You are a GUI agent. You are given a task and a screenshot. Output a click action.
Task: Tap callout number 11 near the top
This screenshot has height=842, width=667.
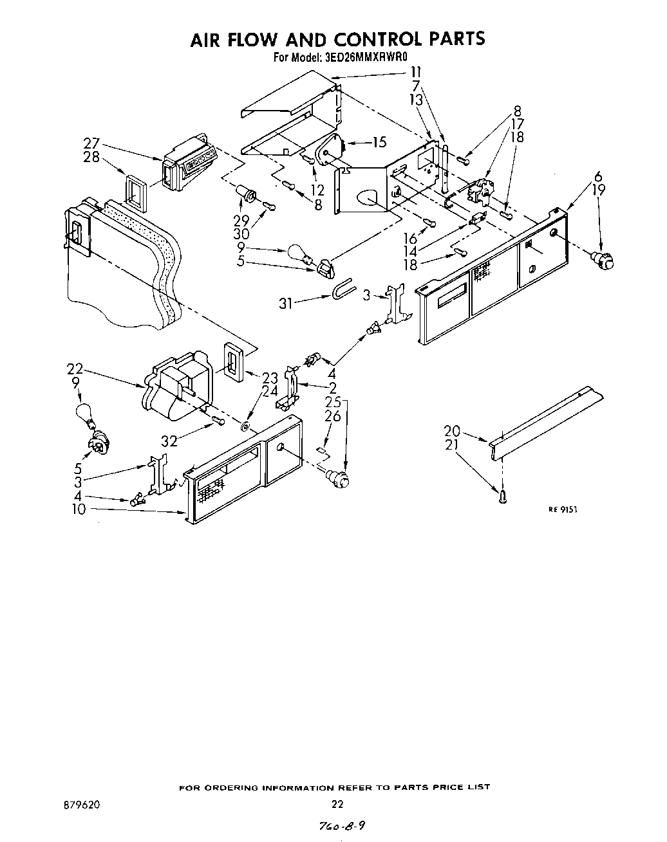coord(416,72)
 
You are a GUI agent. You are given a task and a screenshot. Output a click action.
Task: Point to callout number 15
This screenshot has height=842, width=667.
coord(379,143)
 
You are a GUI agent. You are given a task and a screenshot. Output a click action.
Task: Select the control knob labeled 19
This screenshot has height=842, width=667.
coord(604,260)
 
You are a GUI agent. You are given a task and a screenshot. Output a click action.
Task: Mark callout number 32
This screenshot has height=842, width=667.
coord(169,441)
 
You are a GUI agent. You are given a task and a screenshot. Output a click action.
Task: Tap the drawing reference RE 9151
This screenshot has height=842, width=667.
coord(563,508)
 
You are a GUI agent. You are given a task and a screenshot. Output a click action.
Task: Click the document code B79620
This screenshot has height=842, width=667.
coord(81,804)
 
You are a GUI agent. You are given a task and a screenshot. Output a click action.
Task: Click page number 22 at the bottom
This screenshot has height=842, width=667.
coord(337,804)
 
